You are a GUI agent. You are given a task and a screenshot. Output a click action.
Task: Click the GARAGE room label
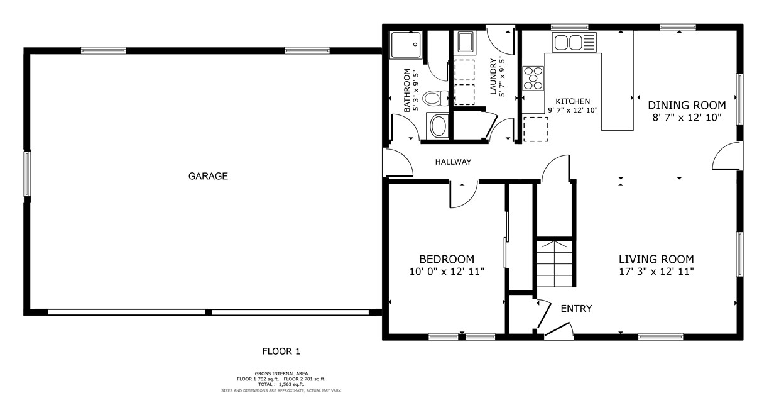208,176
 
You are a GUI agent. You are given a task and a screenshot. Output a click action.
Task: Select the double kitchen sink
574,43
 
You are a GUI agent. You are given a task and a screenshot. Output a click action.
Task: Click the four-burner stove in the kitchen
533,79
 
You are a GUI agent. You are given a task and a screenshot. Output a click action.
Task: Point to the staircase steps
554,263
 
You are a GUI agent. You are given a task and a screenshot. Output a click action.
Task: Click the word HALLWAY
453,162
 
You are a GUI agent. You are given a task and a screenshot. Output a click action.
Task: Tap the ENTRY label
576,309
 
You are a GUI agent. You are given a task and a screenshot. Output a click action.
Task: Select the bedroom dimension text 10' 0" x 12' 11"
447,271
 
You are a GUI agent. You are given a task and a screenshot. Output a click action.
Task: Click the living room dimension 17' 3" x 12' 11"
656,271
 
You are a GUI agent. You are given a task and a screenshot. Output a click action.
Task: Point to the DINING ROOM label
687,105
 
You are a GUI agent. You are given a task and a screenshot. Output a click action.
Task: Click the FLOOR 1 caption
281,351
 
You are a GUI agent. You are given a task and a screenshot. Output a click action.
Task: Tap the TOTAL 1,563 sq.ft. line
281,384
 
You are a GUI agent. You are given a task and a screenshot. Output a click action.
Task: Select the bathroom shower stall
406,45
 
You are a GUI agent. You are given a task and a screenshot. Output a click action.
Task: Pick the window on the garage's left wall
27,173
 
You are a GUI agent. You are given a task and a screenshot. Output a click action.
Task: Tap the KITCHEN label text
573,101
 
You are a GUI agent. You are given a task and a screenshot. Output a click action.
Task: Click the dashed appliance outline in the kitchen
535,129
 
